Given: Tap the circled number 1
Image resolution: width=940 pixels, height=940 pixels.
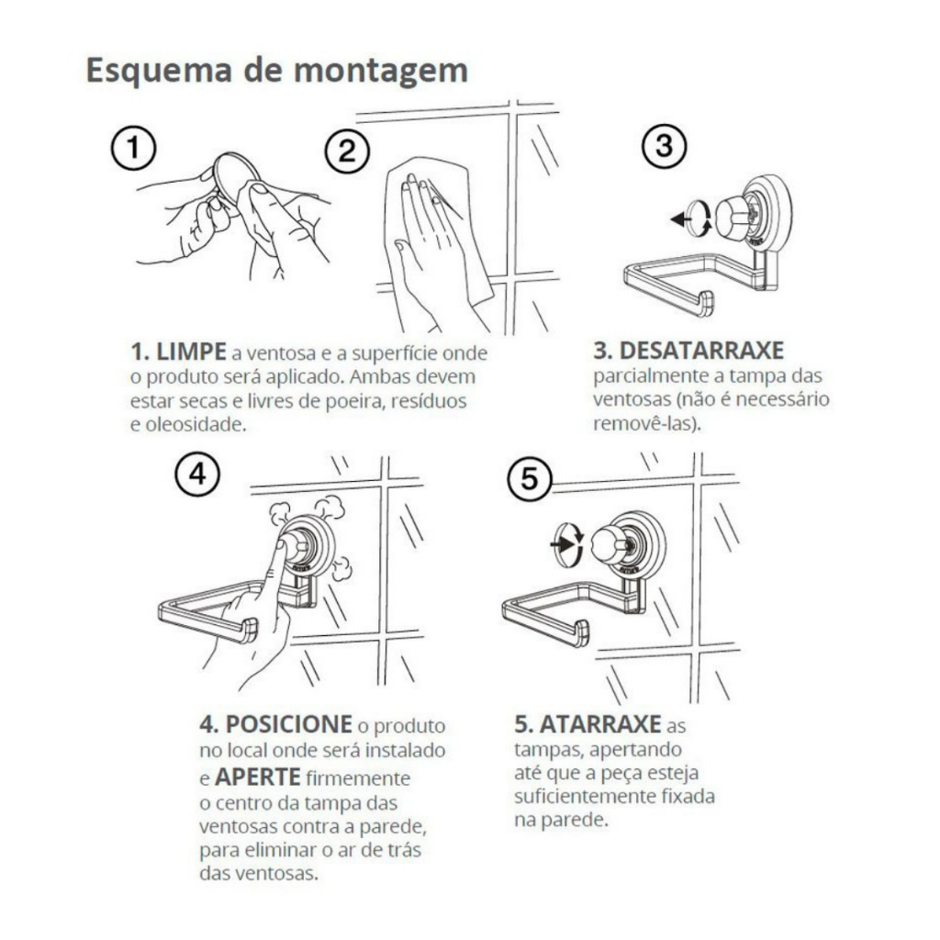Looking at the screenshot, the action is pos(134,148).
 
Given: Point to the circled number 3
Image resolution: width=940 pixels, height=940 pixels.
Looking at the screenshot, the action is pos(665,146).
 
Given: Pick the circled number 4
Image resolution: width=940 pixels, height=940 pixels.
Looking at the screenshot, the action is pos(197,475).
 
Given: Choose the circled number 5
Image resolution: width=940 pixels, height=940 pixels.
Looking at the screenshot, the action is pos(530,479).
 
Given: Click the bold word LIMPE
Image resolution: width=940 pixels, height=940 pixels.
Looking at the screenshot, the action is pos(191,352).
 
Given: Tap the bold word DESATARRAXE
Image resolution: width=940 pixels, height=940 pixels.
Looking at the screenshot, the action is pos(700,351).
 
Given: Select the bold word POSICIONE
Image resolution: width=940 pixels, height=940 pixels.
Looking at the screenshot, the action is pos(288,725).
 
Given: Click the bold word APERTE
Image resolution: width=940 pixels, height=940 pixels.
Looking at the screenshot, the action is pos(258,777).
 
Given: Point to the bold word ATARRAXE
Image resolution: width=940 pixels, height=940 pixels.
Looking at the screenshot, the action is pos(600,725).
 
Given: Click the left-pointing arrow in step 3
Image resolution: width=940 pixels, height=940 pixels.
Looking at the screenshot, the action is pos(679,219).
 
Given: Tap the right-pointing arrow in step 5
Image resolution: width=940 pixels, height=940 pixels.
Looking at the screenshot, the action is pos(561,544).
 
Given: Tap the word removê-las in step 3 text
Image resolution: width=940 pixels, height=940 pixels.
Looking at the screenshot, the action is pos(643,423).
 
